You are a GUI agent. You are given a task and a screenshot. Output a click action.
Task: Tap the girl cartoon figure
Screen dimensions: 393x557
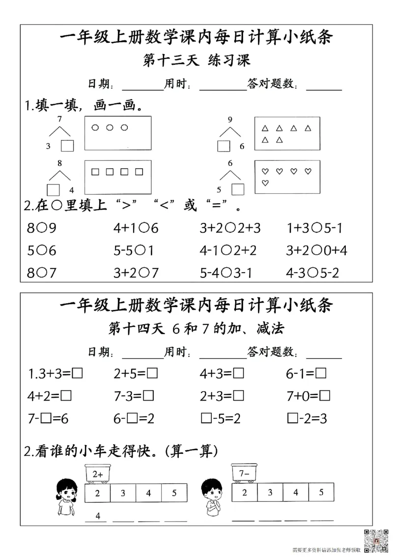65,497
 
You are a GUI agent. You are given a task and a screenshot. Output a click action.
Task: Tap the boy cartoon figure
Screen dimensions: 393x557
213,497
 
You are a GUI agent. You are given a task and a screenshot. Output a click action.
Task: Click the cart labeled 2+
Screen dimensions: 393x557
98,474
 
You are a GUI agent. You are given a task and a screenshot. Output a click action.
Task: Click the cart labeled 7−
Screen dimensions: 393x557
245,474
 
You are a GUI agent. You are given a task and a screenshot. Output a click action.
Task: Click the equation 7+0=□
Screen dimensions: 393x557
308,396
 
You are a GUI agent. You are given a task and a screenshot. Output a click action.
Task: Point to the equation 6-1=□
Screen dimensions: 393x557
306,374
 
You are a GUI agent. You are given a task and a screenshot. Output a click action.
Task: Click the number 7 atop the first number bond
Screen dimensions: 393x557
59,119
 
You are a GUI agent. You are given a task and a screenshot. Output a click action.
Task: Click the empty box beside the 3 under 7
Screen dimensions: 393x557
67,146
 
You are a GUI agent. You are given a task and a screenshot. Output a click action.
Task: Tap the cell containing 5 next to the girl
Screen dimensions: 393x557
174,493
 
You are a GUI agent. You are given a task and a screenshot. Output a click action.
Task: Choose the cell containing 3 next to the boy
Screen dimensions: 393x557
270,492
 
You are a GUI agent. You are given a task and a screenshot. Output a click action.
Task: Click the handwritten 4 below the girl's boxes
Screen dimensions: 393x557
98,516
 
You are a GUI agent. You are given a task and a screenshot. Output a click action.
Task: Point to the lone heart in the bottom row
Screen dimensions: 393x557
265,184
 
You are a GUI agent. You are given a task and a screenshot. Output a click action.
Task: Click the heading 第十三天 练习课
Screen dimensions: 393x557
196,61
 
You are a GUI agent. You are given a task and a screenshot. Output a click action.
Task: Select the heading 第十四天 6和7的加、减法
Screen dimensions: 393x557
196,328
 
